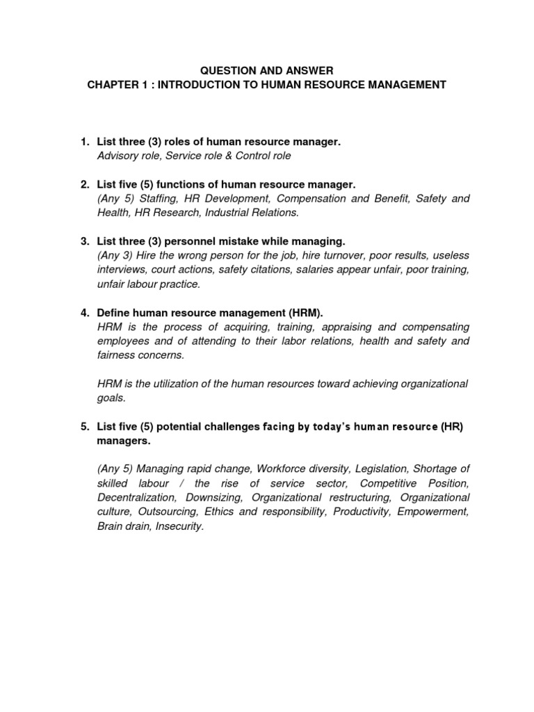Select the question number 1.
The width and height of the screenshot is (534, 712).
pos(84,142)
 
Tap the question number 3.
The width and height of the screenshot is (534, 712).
pos(84,241)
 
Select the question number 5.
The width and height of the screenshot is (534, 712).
pos(84,427)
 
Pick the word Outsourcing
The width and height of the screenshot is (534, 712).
pos(165,512)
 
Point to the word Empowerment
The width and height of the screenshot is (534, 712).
pos(437,512)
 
